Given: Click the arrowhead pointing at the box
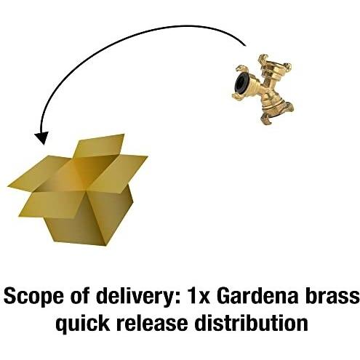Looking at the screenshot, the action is [41, 138].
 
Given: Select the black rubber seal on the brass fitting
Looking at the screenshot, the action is [241, 84].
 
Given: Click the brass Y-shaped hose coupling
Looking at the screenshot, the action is [263, 89].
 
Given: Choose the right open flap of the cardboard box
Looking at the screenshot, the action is [119, 172].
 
